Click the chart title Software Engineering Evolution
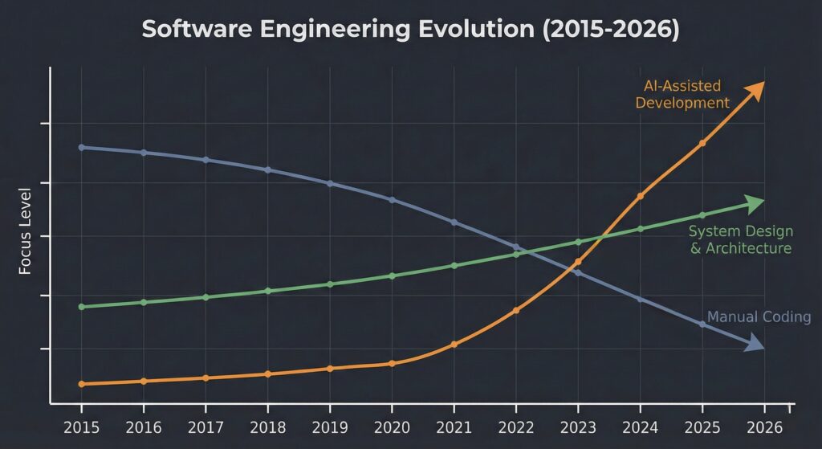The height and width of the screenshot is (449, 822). (x=410, y=30)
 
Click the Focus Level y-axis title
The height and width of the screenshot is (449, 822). (x=25, y=231)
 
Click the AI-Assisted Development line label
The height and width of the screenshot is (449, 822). (x=682, y=94)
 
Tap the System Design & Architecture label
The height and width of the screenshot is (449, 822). (x=740, y=239)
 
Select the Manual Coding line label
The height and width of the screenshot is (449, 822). (x=759, y=316)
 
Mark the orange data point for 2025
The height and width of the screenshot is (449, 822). (x=702, y=143)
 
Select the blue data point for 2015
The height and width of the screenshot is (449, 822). (x=81, y=147)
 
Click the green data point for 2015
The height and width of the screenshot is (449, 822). (x=81, y=307)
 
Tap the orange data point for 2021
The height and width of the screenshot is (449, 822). (x=454, y=345)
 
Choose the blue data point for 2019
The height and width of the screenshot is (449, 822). (x=330, y=183)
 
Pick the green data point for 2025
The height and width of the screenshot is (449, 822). (x=702, y=215)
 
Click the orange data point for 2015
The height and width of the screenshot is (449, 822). (x=81, y=384)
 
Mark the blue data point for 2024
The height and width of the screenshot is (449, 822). (x=640, y=299)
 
